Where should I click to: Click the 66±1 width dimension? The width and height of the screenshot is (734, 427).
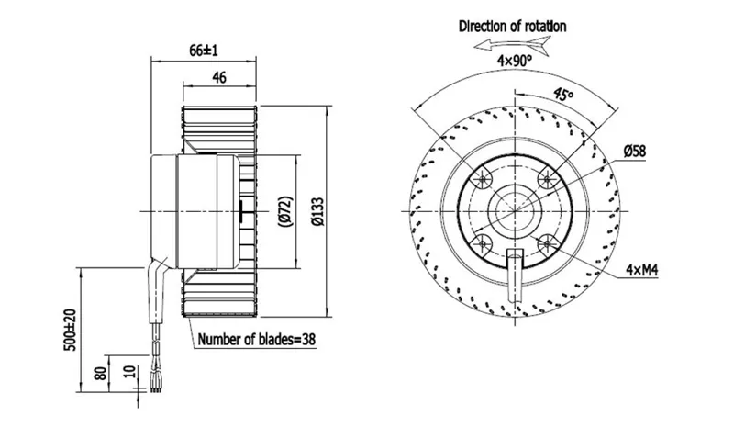pyautogui.click(x=204, y=51)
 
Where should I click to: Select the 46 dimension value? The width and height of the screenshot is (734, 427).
pyautogui.click(x=219, y=77)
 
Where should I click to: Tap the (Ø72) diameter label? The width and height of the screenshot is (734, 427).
pyautogui.click(x=285, y=211)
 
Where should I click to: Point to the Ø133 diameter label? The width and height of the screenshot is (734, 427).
pyautogui.click(x=317, y=211)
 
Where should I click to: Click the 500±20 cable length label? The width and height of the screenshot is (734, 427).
pyautogui.click(x=70, y=330)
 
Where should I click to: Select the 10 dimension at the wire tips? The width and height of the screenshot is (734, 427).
pyautogui.click(x=130, y=372)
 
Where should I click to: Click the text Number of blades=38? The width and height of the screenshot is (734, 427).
pyautogui.click(x=257, y=339)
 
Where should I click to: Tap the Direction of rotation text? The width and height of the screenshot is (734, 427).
pyautogui.click(x=512, y=27)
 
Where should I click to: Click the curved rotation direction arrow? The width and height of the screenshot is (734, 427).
pyautogui.click(x=512, y=44)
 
